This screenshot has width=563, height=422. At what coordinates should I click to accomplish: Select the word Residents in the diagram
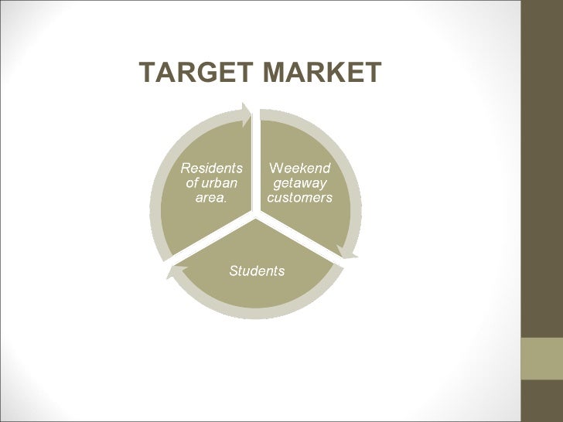tap(211, 168)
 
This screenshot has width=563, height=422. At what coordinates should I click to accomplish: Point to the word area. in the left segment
tap(211, 198)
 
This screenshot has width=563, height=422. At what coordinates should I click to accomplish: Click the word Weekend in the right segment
tap(299, 168)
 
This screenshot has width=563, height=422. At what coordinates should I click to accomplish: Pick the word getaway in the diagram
tap(300, 183)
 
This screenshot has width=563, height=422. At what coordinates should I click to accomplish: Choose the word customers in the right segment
tap(300, 198)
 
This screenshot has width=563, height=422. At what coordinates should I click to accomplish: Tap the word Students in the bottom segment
tap(257, 271)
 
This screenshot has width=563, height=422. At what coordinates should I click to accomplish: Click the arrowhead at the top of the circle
tap(246, 114)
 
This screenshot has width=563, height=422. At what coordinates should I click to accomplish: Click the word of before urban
tap(193, 183)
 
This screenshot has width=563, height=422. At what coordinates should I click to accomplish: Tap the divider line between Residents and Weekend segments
tap(256, 162)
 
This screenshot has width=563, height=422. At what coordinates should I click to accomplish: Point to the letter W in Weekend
tap(275, 168)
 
